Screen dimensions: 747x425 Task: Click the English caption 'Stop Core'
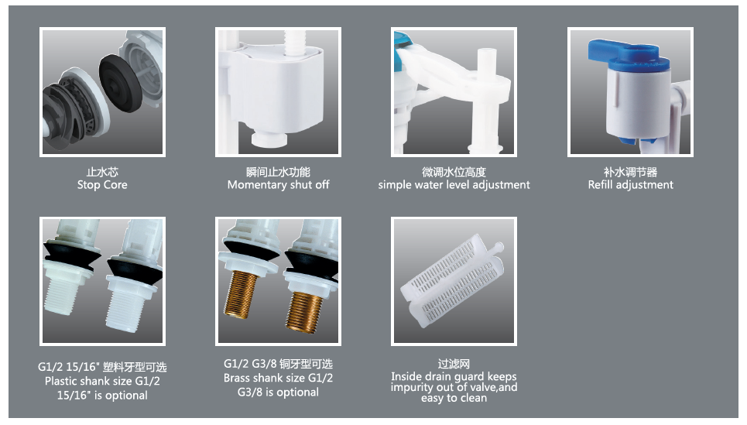coord(102,185)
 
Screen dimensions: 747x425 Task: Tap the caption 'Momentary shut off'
coord(278,185)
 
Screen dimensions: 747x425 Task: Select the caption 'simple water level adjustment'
coord(454,185)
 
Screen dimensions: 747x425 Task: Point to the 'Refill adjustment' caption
coord(631,185)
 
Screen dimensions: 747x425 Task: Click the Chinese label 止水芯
coord(102,172)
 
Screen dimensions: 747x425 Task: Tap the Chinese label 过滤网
coord(454,364)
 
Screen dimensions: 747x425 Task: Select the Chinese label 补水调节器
coord(631,172)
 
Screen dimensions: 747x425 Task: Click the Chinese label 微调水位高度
coord(454,172)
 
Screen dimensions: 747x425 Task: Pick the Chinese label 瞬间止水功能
coord(278,172)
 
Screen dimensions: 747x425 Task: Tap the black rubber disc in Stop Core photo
coord(120,83)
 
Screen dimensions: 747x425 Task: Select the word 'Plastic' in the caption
coord(61,381)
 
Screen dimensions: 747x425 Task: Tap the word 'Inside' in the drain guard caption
coord(406,376)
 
